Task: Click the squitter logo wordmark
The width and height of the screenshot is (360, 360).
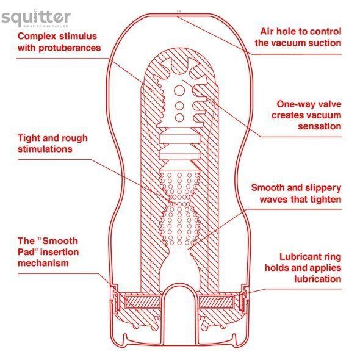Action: (36, 16)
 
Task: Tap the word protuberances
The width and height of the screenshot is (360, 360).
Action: (70, 48)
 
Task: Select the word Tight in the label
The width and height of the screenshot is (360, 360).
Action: (28, 139)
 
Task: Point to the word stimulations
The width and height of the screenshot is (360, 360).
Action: (45, 149)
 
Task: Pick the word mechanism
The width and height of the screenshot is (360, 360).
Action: (43, 263)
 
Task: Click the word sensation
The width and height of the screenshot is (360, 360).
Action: (320, 126)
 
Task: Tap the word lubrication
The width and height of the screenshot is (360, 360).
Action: (318, 279)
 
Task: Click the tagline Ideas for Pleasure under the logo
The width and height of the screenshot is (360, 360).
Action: (45, 26)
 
